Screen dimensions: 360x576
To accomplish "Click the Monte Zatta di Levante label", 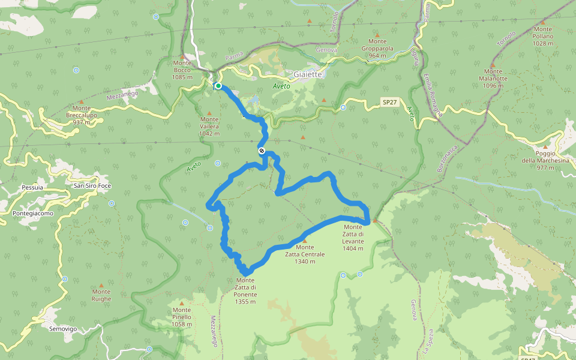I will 353,238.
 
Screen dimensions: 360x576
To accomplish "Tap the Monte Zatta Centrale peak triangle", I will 304,241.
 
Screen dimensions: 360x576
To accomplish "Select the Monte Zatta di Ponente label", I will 246,290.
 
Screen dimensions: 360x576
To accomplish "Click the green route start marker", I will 218,86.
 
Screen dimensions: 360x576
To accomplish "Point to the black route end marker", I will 262,151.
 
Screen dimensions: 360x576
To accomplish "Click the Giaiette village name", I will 308,74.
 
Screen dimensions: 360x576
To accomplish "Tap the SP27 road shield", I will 390,103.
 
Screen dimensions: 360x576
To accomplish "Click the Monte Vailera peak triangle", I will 209,113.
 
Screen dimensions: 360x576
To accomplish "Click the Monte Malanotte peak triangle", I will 493,65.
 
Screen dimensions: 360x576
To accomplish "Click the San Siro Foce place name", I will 93,185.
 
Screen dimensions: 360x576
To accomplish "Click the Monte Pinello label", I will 181,320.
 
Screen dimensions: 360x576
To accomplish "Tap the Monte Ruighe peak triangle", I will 101,286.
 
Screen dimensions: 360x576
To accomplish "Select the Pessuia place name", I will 32,187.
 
